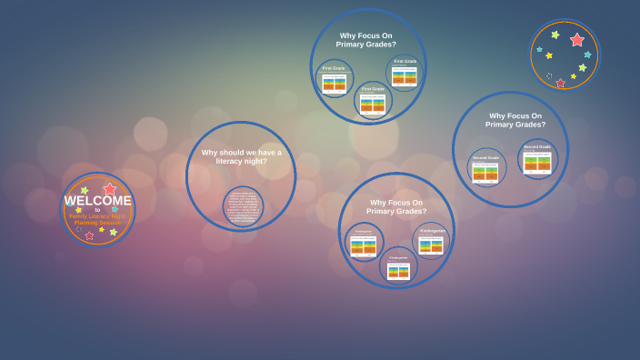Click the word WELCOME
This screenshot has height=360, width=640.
(x=98, y=201)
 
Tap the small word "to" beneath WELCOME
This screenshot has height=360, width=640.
(x=97, y=210)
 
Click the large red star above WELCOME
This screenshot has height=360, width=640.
(x=110, y=189)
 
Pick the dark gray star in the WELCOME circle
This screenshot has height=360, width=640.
(x=78, y=229)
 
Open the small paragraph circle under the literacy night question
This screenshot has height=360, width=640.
(x=242, y=205)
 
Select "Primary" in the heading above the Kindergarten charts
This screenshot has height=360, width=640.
(x=383, y=211)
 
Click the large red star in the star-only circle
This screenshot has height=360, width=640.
(x=576, y=40)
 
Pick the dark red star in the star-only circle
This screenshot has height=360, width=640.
(x=560, y=83)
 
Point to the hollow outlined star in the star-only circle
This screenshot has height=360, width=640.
(x=548, y=76)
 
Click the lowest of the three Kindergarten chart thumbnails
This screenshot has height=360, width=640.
(x=398, y=269)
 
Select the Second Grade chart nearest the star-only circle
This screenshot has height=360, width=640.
(x=537, y=161)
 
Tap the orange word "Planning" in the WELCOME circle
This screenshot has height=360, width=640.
(x=85, y=222)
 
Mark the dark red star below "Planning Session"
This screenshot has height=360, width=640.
(x=89, y=235)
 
